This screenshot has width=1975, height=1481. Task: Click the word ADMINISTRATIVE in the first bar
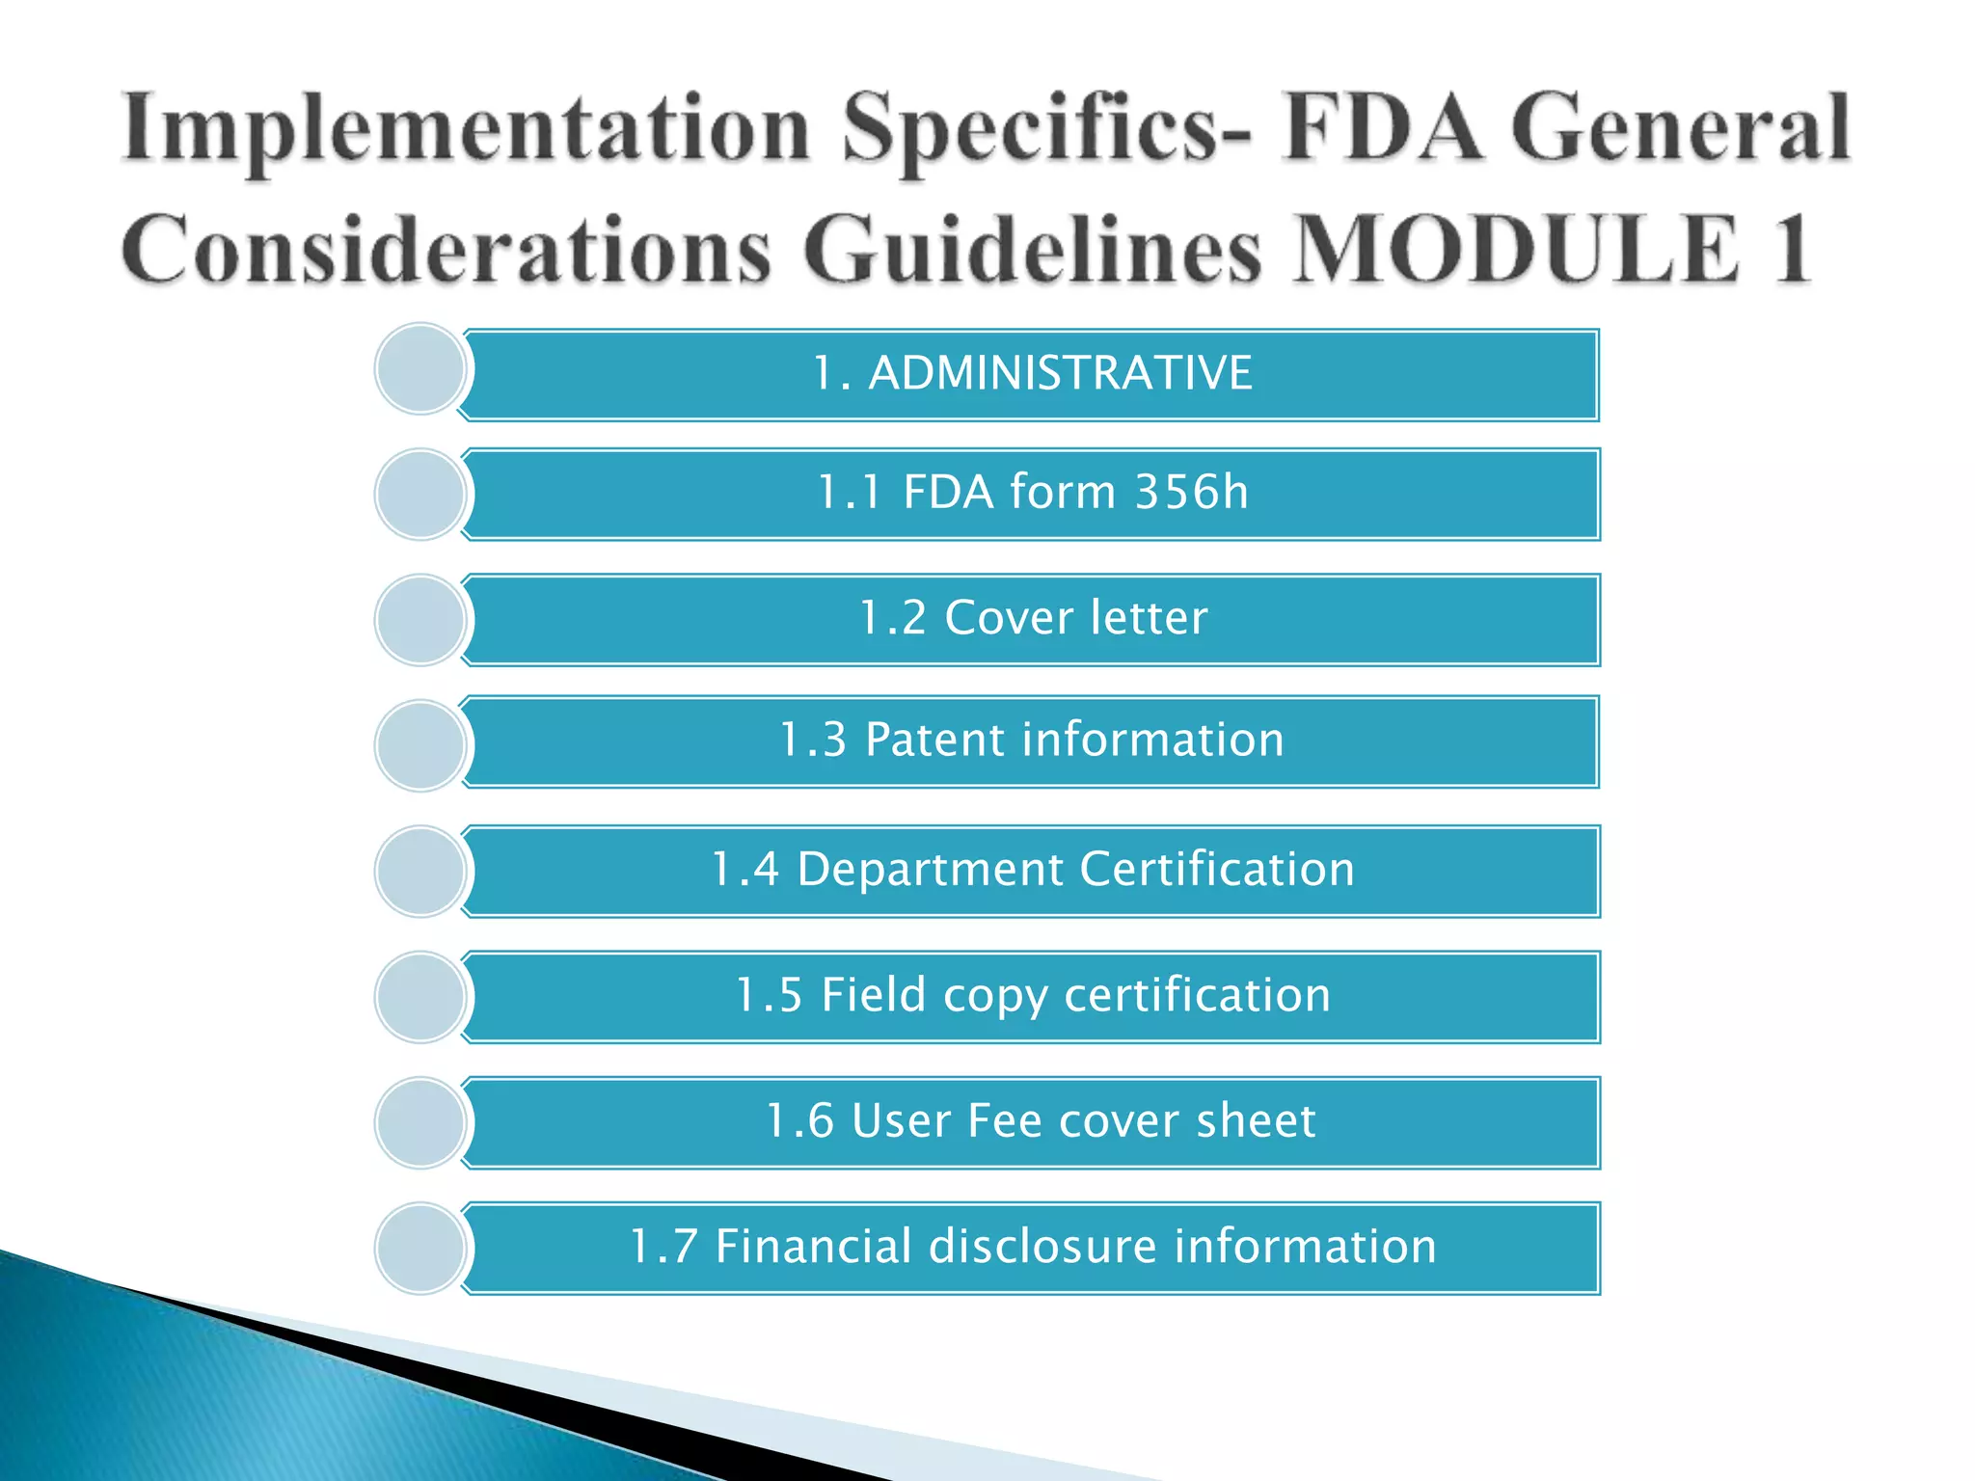tap(1060, 373)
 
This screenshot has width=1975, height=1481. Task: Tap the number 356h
tap(1191, 492)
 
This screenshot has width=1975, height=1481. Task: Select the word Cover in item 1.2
tap(1008, 618)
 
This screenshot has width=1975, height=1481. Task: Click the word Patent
tap(934, 740)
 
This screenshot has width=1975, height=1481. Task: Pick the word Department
tap(930, 870)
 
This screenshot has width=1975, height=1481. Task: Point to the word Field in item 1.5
tap(873, 995)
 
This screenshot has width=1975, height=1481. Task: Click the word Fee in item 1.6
tap(1004, 1120)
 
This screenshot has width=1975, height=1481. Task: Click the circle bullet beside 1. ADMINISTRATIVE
tap(420, 369)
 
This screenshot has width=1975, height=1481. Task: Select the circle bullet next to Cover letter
tap(420, 620)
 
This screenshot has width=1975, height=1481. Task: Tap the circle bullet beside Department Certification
tap(420, 871)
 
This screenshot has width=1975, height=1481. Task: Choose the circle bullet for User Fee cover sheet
tap(420, 1122)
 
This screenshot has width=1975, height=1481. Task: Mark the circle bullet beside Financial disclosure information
tap(420, 1248)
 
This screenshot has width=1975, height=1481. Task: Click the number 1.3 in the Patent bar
tap(812, 740)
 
